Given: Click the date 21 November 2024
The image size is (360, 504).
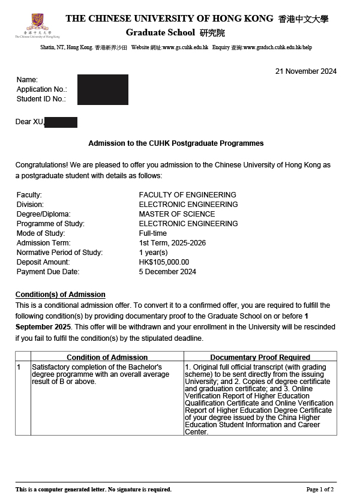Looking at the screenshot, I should point(306,71).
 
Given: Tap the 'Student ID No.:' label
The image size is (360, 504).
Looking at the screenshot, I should point(41,99).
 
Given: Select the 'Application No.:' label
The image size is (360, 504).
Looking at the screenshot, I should point(42,89).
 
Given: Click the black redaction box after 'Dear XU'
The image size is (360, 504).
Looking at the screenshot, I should point(61,122).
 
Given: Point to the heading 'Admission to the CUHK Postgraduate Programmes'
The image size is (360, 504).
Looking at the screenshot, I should point(176,144).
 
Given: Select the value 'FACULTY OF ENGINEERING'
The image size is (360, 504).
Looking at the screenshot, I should point(187,195).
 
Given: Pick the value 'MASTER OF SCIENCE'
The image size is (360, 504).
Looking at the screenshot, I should point(177,214).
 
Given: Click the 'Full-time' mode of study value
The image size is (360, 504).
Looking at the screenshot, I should point(153,233).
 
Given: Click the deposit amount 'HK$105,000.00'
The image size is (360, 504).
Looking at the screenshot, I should point(164,262).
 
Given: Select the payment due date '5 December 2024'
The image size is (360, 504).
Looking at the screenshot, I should point(167,272).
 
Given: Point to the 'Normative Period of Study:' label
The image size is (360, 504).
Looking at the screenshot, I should point(59,253).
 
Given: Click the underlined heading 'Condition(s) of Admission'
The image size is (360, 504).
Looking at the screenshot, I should point(60,295).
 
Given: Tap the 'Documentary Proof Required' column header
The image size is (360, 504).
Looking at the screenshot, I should point(260,358).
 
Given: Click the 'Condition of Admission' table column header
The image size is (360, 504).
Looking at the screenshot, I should point(107,358).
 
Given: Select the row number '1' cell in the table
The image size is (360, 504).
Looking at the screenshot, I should point(19,367).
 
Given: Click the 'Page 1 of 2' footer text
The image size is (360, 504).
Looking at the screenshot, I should point(320,490).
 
